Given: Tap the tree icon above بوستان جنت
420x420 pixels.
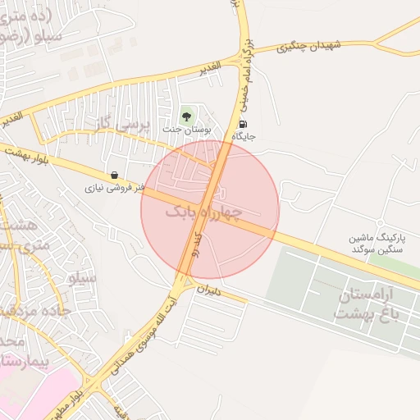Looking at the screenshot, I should (x=187, y=115).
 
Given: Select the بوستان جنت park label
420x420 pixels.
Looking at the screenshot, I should (x=187, y=129).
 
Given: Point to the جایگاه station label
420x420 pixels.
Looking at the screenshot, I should (x=244, y=136).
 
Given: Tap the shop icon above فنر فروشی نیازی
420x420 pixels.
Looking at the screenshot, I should (x=112, y=175).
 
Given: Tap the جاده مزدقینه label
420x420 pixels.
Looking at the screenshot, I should (x=25, y=310).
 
